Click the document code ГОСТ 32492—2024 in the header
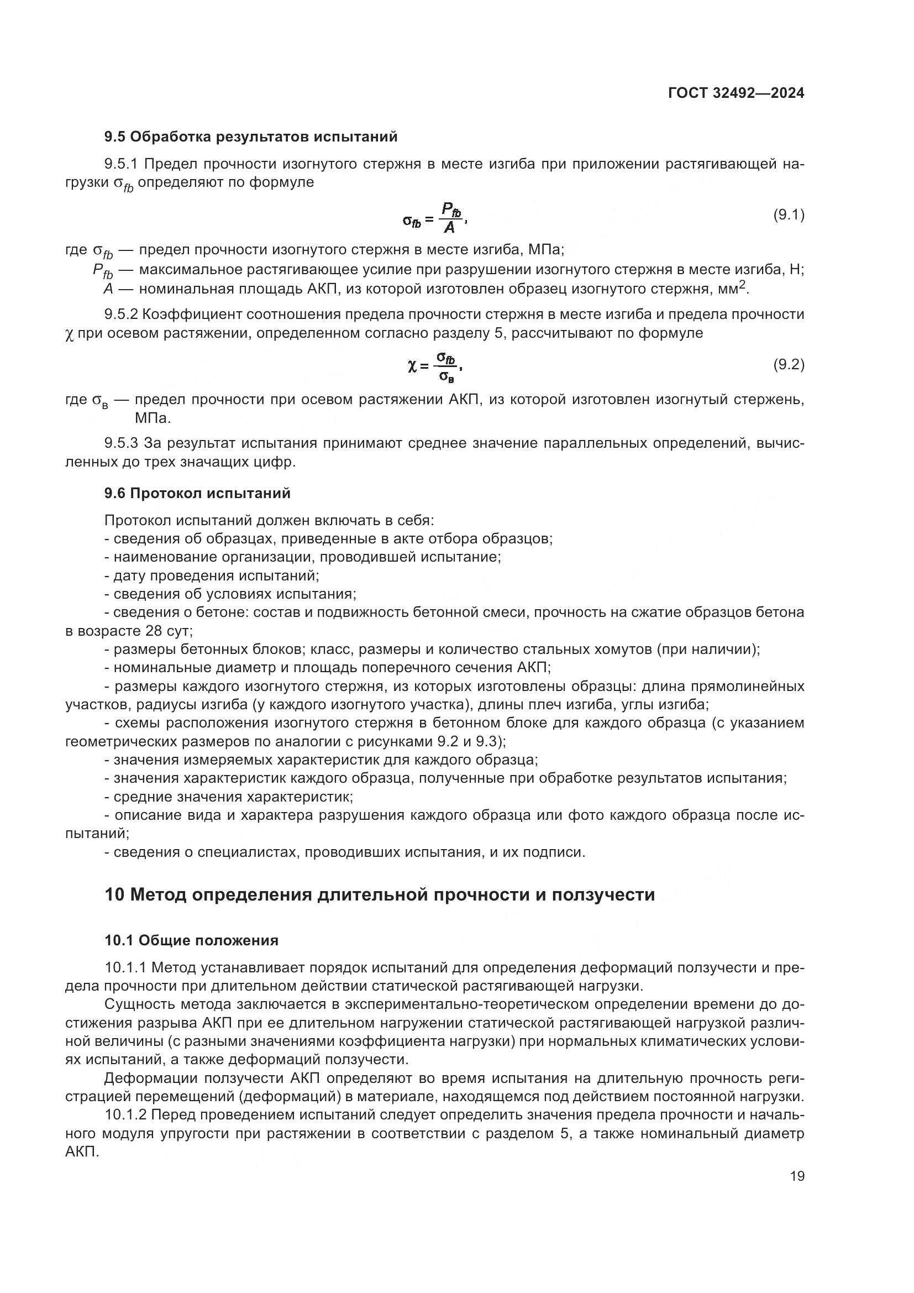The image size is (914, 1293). pos(736,93)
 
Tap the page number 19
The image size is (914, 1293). pos(797,1175)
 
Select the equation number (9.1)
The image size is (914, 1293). pos(789,214)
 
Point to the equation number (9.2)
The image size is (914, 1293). pos(789,364)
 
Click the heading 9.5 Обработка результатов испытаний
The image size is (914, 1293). pos(251,137)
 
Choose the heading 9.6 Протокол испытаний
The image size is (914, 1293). pos(197,493)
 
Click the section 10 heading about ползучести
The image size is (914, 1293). pos(380,894)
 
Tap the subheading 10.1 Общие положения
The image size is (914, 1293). pos(191,940)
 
